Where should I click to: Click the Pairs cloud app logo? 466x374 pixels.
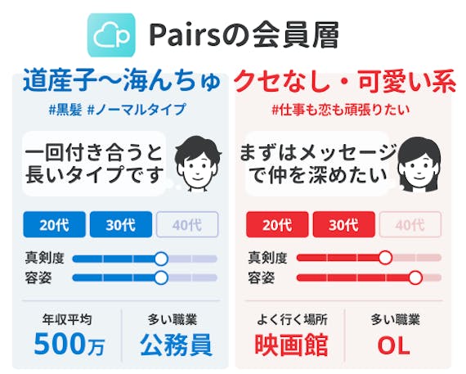click(x=111, y=35)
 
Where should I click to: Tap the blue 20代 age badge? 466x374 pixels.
click(x=55, y=224)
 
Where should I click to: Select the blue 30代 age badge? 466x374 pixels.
click(x=121, y=224)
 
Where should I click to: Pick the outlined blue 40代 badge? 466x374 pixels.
click(x=187, y=224)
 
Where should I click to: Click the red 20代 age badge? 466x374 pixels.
click(x=277, y=224)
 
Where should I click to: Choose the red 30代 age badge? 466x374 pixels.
click(x=343, y=224)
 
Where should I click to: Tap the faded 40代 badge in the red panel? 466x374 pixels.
click(x=410, y=224)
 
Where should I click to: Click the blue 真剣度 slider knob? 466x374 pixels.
click(x=161, y=259)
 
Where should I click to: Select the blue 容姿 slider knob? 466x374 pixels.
click(x=161, y=277)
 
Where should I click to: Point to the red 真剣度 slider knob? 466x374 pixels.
click(x=385, y=258)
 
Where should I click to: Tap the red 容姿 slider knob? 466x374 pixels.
click(x=415, y=277)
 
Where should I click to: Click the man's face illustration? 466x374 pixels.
click(x=198, y=163)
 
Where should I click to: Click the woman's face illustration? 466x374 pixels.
click(x=419, y=164)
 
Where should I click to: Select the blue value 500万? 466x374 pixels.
click(x=69, y=345)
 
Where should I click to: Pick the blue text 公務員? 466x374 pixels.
click(x=176, y=345)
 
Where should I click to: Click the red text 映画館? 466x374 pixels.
click(x=291, y=345)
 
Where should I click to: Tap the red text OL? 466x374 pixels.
click(x=394, y=346)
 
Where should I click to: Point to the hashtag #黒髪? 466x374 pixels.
click(x=65, y=110)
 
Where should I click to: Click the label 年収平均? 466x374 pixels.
click(x=67, y=319)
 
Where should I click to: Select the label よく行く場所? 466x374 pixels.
click(x=292, y=320)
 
